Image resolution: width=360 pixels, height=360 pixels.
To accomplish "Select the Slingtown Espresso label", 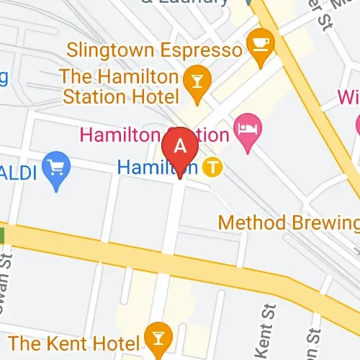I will [154, 50].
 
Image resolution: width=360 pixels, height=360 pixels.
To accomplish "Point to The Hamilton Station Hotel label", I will [120, 86].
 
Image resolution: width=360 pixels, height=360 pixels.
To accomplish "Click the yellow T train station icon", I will [211, 168].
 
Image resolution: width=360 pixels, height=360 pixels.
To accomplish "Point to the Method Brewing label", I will [288, 222].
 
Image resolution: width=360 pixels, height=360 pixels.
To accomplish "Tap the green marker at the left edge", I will [2, 235].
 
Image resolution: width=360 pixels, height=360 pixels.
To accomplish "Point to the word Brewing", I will [324, 222].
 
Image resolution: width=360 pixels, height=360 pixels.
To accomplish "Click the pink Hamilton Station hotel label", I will [154, 134].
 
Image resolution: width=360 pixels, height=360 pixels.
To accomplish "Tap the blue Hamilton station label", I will [157, 167].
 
